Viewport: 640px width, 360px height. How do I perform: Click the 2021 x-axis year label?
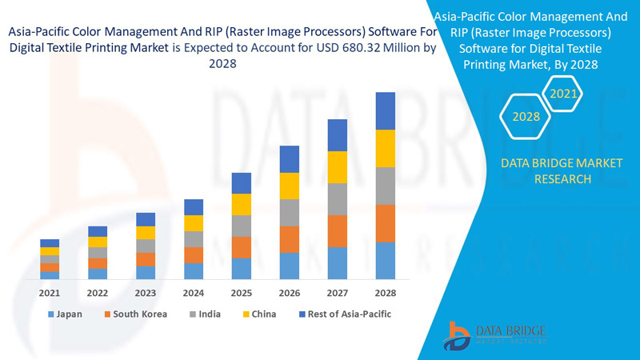(50, 293)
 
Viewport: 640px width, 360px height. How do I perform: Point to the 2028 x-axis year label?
(386, 293)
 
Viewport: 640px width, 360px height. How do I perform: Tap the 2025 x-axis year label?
(242, 293)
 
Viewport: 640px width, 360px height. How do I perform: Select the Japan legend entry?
(64, 314)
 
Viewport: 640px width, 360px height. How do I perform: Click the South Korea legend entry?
(134, 314)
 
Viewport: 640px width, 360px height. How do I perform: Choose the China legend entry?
(258, 314)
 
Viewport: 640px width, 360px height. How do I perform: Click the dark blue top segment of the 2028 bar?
(386, 110)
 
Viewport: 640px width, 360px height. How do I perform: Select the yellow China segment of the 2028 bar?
(386, 148)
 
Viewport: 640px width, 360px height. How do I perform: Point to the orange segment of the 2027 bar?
(338, 231)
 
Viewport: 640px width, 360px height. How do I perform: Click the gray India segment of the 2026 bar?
(290, 213)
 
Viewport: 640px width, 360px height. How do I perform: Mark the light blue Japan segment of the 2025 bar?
(242, 269)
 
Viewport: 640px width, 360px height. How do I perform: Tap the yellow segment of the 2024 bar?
(194, 223)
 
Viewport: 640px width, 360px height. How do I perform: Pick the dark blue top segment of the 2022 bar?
(98, 231)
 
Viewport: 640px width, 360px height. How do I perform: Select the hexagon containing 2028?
(526, 117)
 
